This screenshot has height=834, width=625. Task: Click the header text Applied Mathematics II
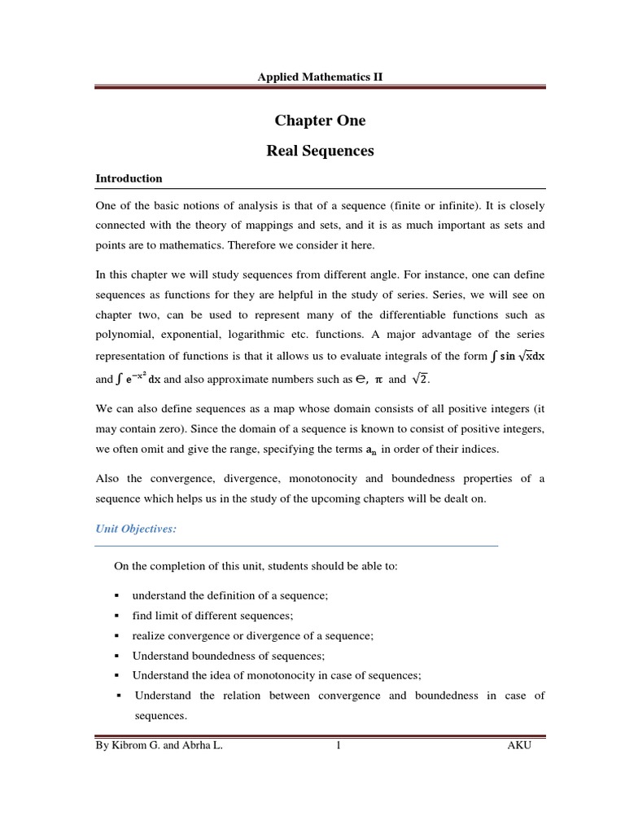pyautogui.click(x=320, y=77)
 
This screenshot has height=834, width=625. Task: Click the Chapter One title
pyautogui.click(x=320, y=121)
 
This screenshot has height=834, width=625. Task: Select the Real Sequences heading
pyautogui.click(x=320, y=151)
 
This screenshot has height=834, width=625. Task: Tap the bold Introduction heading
pyautogui.click(x=129, y=178)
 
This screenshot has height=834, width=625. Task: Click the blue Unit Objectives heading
pyautogui.click(x=136, y=529)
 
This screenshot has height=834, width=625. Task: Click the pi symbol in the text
pyautogui.click(x=378, y=380)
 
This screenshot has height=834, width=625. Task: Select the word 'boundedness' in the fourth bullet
pyautogui.click(x=225, y=656)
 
